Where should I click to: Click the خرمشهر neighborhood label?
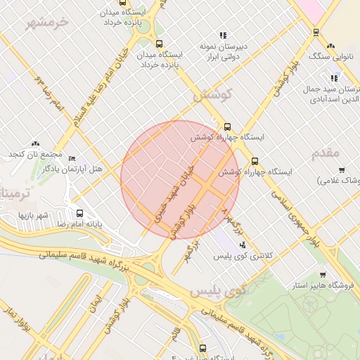pyautogui.click(x=49, y=22)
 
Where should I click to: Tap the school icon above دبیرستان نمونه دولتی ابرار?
pyautogui.click(x=224, y=34)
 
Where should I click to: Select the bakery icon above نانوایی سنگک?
pyautogui.click(x=316, y=32)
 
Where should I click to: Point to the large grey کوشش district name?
pyautogui.click(x=211, y=94)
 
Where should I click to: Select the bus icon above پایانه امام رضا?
pyautogui.click(x=79, y=213)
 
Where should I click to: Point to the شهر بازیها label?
pyautogui.click(x=33, y=214)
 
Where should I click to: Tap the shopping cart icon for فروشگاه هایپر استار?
pyautogui.click(x=322, y=275)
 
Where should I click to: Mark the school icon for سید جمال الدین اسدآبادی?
pyautogui.click(x=335, y=78)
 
